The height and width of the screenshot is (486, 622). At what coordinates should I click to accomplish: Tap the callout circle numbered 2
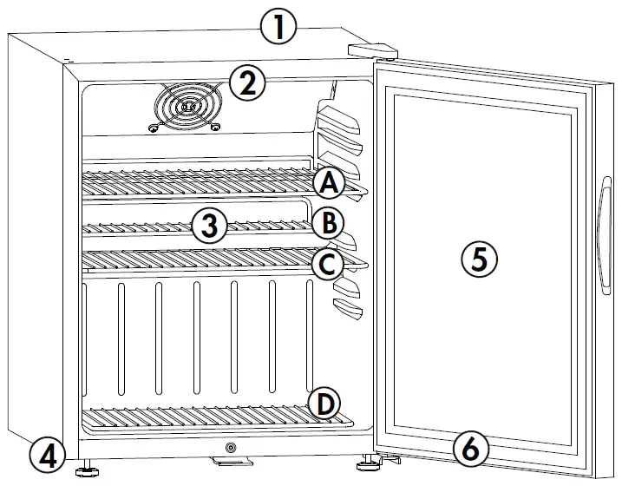pos(247,83)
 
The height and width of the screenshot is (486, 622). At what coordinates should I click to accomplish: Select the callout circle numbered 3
pos(210,226)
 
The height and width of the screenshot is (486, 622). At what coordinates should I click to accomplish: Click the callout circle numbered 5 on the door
pos(479,259)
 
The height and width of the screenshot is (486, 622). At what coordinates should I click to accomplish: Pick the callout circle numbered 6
pos(471,449)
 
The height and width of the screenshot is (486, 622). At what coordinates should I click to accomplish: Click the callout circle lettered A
pos(329,183)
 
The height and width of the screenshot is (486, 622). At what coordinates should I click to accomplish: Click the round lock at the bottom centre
pos(230,448)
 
